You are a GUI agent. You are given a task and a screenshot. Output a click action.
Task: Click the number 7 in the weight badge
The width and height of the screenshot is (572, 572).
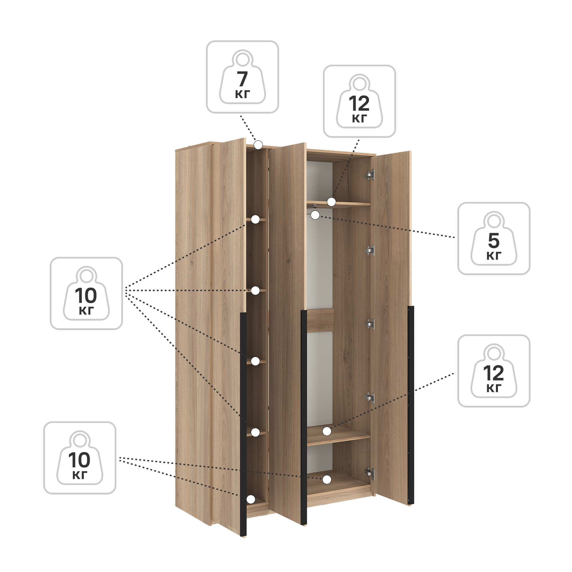(x=242, y=79)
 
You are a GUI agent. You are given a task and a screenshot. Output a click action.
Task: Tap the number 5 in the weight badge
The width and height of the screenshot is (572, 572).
(x=494, y=241)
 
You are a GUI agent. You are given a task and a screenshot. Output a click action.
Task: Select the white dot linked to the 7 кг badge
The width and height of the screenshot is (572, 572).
(x=259, y=145)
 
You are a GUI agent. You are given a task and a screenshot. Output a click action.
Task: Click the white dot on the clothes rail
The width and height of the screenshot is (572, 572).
(x=315, y=215)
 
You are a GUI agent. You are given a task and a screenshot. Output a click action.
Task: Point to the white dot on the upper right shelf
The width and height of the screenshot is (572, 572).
(x=331, y=202)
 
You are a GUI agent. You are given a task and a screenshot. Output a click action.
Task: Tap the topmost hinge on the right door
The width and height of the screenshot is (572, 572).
(x=370, y=175)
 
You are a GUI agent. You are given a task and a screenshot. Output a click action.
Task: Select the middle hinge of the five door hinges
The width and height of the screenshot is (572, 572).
(x=370, y=324)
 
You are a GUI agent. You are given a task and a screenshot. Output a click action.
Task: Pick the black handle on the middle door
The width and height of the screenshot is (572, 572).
(x=304, y=417)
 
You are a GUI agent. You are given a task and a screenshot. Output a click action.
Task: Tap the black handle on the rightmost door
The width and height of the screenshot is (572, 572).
(x=411, y=405)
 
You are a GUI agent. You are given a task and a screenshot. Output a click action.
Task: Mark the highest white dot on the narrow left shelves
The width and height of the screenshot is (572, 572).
(x=255, y=219)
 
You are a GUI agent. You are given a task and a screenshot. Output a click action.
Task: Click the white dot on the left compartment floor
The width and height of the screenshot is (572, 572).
(x=251, y=499)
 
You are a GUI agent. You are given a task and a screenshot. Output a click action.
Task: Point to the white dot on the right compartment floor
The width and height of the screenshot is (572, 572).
(x=327, y=480)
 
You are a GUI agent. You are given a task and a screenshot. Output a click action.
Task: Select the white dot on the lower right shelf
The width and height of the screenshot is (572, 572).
(x=327, y=431)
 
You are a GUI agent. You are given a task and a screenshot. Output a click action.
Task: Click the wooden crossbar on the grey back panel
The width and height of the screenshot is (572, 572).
(x=320, y=320)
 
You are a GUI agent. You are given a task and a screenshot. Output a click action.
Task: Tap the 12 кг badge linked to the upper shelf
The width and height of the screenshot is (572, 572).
(x=359, y=101)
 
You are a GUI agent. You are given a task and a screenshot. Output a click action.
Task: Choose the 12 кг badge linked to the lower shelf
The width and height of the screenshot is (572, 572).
(x=494, y=371)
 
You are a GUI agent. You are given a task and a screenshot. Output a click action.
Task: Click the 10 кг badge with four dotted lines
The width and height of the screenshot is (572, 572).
(x=86, y=293)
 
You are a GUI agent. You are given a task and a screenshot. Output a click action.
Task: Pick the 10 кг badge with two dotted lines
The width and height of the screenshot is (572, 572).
(x=80, y=458)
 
